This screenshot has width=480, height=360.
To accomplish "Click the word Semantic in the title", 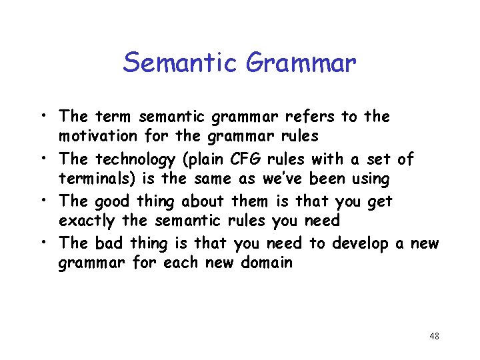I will click(180, 63).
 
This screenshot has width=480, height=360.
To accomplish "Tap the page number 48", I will click(434, 336).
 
